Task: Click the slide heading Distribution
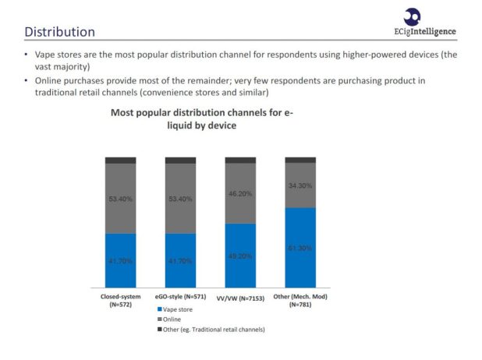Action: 60,32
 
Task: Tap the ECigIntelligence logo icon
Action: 413,16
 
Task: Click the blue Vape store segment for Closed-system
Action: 121,260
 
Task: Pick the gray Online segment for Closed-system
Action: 121,198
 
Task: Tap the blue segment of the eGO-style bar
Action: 180,260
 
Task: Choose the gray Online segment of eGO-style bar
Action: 180,198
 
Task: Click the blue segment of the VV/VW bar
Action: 240,256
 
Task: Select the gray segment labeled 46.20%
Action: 240,193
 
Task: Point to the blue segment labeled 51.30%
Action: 300,248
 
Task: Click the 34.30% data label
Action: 300,185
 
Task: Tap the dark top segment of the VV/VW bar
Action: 240,160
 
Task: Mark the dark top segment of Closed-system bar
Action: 121,160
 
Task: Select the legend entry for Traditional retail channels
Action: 211,329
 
